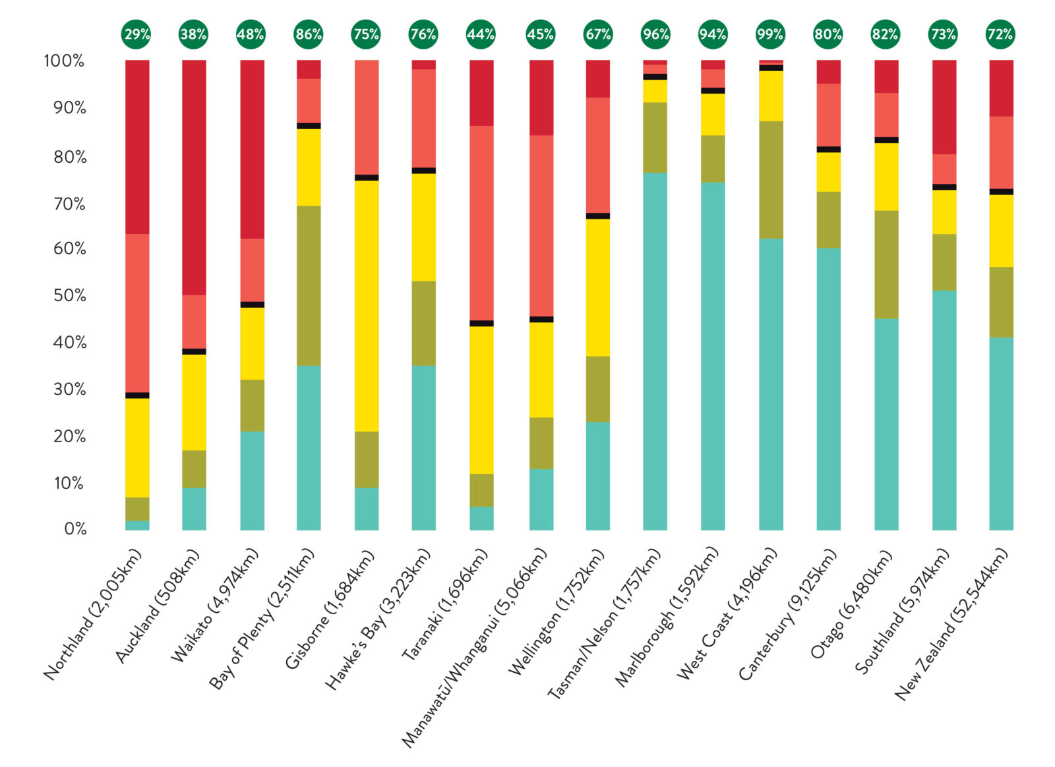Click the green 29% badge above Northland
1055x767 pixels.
pyautogui.click(x=136, y=34)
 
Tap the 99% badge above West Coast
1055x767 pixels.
pyautogui.click(x=770, y=34)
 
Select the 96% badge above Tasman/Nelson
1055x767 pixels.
pyautogui.click(x=655, y=34)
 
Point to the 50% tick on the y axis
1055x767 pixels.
pyautogui.click(x=70, y=295)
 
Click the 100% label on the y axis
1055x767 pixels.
pyautogui.click(x=65, y=61)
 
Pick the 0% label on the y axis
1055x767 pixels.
pyautogui.click(x=75, y=529)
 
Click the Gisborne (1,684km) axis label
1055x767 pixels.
pyautogui.click(x=330, y=610)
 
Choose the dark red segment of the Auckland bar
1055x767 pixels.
pyautogui.click(x=194, y=177)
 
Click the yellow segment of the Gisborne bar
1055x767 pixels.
pyautogui.click(x=367, y=306)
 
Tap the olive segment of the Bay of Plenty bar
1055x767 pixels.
pyautogui.click(x=309, y=285)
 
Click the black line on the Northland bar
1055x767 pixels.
pyautogui.click(x=137, y=395)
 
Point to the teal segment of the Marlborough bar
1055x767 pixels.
pyautogui.click(x=713, y=356)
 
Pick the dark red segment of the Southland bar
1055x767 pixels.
pyautogui.click(x=944, y=107)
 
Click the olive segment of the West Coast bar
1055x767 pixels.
pyautogui.click(x=771, y=179)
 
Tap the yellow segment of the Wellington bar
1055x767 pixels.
pyautogui.click(x=597, y=287)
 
